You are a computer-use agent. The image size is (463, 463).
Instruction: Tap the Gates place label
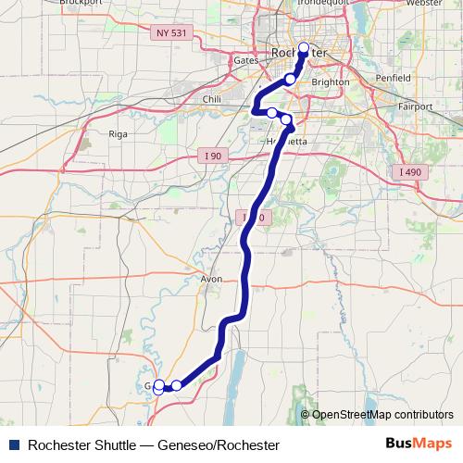click(x=245, y=60)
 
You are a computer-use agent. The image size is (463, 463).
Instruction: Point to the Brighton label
click(x=332, y=81)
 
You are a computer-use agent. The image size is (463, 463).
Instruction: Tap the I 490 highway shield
click(x=407, y=173)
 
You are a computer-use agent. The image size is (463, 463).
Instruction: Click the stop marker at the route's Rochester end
click(x=303, y=46)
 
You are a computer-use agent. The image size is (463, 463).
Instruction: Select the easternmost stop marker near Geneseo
click(x=176, y=384)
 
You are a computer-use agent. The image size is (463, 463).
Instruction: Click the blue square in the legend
click(x=12, y=445)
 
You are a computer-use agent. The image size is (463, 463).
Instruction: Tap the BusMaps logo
click(x=419, y=444)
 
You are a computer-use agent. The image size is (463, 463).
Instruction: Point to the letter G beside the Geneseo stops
click(x=148, y=385)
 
